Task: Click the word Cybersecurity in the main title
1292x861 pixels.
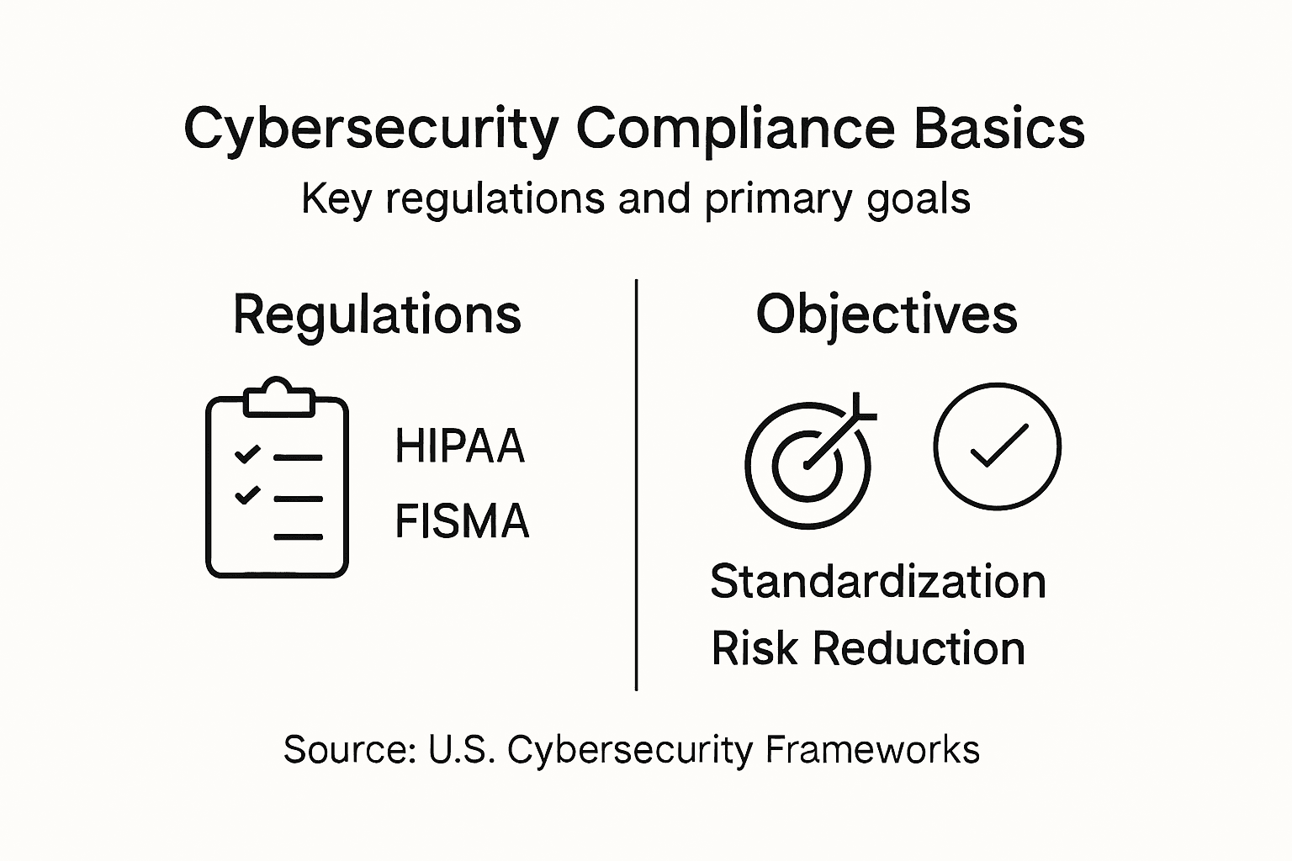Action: coord(372,130)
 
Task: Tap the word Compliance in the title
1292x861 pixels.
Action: coord(735,130)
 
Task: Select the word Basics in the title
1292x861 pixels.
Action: coord(999,128)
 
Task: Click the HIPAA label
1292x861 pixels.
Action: coord(460,446)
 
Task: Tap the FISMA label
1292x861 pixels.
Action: coord(462,520)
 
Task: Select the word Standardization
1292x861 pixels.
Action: coord(878,581)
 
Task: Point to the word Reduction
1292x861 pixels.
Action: coord(919,648)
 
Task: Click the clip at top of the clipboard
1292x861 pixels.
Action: coord(279,397)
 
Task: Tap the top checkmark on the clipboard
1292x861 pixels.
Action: coord(247,454)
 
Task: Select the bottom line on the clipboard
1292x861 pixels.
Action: coord(298,537)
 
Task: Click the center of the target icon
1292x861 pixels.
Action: coord(807,465)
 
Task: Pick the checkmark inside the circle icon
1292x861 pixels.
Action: coord(999,445)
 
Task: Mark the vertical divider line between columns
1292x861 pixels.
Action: coord(636,485)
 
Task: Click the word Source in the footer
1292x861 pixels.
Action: coord(350,750)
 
